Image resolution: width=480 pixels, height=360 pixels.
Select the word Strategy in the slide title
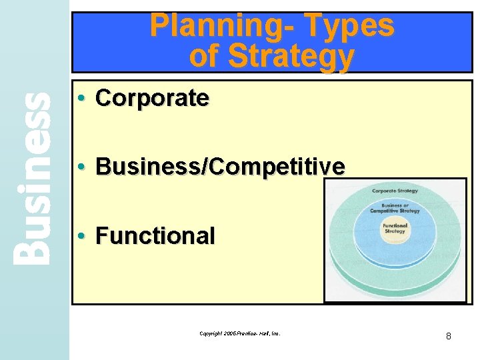point(291,56)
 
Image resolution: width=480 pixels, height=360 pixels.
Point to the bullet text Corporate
point(153,98)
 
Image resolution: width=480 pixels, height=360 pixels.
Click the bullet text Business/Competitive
point(221,167)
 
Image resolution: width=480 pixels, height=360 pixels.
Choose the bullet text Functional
point(155,235)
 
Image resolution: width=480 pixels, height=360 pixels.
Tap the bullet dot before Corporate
point(80,99)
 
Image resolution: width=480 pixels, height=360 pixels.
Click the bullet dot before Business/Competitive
point(80,167)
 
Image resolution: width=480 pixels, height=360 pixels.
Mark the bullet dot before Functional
point(80,236)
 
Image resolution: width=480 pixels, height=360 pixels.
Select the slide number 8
point(449,336)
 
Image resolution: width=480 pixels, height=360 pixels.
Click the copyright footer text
point(239,333)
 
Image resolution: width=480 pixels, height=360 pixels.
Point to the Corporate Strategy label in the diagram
point(395,191)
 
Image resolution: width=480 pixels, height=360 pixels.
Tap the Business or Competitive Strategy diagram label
point(395,207)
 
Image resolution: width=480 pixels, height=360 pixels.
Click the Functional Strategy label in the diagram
point(394,229)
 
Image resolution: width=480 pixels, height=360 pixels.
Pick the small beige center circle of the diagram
point(394,231)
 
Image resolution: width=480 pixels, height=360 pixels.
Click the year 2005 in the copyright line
point(231,333)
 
